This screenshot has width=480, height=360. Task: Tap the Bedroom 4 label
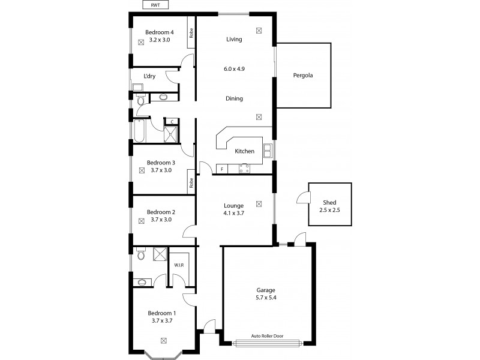tap(160, 32)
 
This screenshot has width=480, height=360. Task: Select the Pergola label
tap(303, 76)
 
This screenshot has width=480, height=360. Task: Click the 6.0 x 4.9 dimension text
tap(234, 69)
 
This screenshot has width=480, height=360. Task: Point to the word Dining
tap(234, 98)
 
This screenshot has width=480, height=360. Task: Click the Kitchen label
tap(244, 151)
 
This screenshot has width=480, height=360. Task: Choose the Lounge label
tap(233, 205)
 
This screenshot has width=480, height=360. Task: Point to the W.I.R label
tap(179, 265)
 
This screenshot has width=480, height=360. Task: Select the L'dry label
tap(150, 76)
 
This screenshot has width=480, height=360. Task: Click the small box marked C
tap(172, 122)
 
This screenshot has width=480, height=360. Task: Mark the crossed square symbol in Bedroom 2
tap(142, 221)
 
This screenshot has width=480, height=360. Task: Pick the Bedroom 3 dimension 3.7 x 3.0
tap(160, 170)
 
